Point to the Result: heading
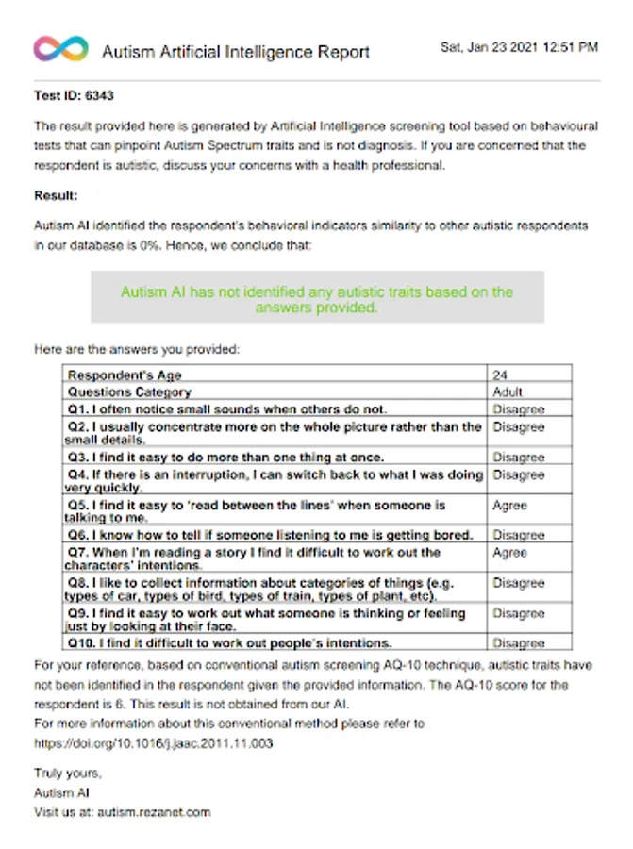tap(56, 195)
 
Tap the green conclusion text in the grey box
tap(317, 299)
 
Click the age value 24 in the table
tap(501, 375)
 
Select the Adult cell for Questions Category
tap(508, 391)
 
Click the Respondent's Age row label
tap(125, 375)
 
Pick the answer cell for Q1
tap(518, 409)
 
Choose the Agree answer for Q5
tap(509, 506)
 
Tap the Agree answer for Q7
tap(509, 553)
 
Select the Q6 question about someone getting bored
tap(269, 535)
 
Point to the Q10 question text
tap(229, 643)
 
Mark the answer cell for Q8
tap(518, 583)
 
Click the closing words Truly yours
tap(68, 774)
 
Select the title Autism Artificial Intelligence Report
tap(236, 52)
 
